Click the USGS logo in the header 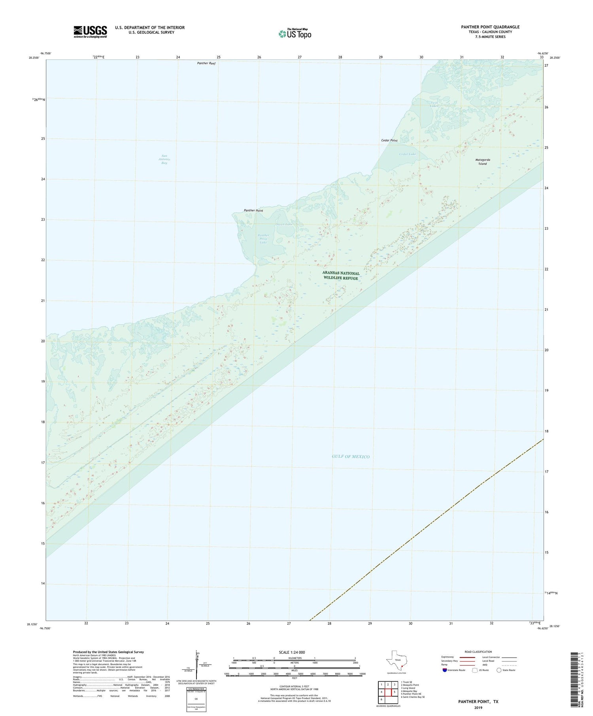(x=90, y=32)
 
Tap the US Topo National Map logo (x=295, y=34)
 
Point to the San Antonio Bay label (x=164, y=159)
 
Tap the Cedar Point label (x=389, y=141)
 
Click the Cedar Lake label (x=407, y=154)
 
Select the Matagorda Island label (x=482, y=162)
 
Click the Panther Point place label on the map (x=253, y=211)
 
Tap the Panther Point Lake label (x=263, y=239)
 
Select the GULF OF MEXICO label (x=351, y=457)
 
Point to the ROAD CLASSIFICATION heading (x=478, y=652)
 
